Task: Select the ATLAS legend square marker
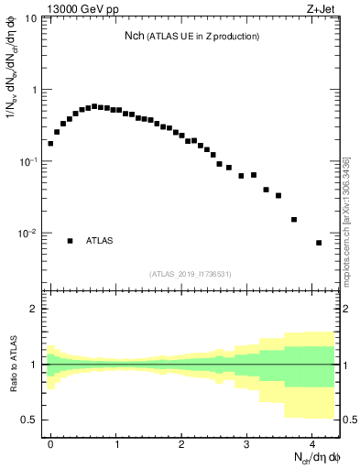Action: [70, 241]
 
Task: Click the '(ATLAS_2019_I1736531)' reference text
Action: [190, 274]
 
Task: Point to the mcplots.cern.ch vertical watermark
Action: [346, 219]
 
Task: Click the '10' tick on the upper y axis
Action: [31, 19]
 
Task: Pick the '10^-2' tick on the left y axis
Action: [27, 233]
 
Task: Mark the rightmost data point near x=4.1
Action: [319, 243]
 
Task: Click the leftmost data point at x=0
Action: [50, 143]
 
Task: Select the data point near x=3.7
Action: [293, 219]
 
